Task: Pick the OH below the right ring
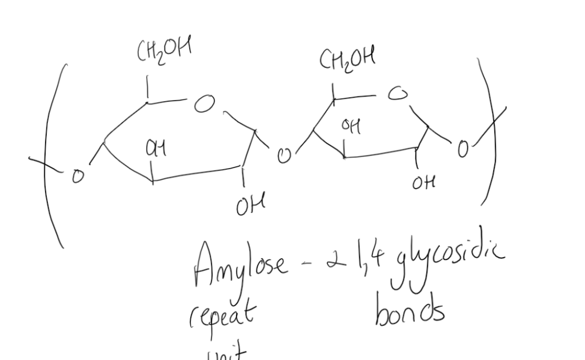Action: tap(423, 183)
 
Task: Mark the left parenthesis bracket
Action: tap(52, 154)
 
